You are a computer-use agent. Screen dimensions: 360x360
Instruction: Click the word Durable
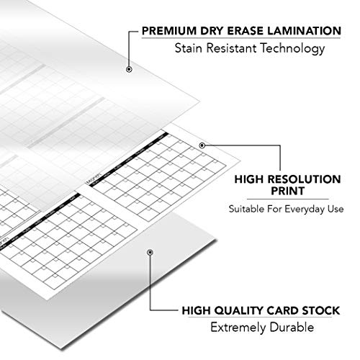(292, 331)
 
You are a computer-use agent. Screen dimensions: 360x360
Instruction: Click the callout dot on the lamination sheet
(128, 69)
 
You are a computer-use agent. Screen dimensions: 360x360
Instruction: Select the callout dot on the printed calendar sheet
(202, 145)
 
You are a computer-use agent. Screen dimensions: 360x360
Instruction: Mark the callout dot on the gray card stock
(149, 253)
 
